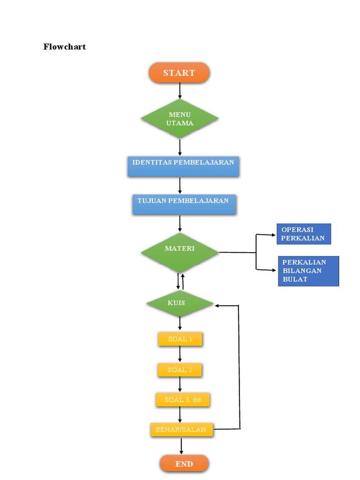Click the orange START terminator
(179, 73)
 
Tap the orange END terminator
(184, 464)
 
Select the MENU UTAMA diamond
(180, 119)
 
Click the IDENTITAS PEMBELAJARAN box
(183, 166)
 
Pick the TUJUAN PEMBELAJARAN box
(183, 204)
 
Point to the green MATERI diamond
(180, 252)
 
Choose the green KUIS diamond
(180, 303)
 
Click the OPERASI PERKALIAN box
(303, 234)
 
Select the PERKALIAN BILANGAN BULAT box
(308, 271)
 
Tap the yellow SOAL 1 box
(180, 339)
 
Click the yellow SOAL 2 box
(180, 370)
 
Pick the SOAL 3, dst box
(182, 400)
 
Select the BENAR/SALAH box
(181, 429)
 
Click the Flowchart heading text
(65, 47)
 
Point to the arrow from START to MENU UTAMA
(180, 90)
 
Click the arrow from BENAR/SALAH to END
(181, 446)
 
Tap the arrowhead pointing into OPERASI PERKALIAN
(274, 235)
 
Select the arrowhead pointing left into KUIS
(218, 306)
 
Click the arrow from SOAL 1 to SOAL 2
(180, 354)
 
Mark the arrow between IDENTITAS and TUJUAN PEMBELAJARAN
(180, 186)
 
